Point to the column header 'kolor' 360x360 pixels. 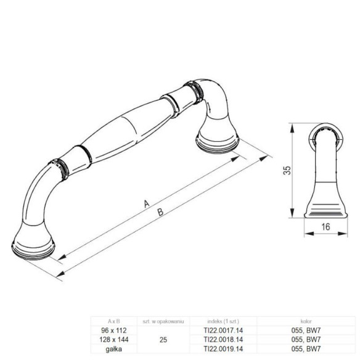(x=305, y=322)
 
